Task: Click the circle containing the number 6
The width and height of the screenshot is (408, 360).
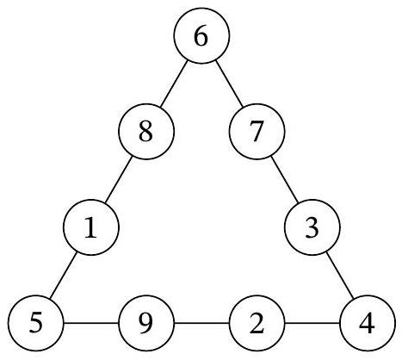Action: [201, 35]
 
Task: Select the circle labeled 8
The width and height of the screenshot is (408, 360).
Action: [146, 132]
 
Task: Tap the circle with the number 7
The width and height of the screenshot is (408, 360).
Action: [257, 132]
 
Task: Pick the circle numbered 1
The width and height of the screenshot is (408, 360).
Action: [91, 227]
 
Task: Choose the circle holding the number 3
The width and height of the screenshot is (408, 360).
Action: [312, 227]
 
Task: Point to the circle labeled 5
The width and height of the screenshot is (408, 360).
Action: [35, 323]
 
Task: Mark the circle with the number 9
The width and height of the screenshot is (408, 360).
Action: [146, 323]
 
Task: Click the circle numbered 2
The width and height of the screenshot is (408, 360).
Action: [257, 323]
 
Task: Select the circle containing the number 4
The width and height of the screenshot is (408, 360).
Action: [368, 323]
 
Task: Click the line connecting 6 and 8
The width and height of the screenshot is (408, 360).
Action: [174, 84]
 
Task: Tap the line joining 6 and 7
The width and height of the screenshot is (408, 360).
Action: [229, 84]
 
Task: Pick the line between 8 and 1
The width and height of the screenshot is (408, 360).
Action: [119, 179]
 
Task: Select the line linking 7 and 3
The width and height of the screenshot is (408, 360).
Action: [285, 179]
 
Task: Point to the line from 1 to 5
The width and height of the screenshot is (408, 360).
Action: [63, 275]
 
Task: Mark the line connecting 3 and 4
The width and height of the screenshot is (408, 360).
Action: [340, 275]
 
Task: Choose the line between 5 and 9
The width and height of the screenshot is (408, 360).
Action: [91, 323]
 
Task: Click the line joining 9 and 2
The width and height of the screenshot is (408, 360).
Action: [201, 323]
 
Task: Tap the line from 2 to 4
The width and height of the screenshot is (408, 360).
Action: [312, 323]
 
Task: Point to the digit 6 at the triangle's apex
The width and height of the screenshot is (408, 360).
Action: [201, 36]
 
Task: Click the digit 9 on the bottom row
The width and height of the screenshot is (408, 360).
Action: [146, 324]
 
